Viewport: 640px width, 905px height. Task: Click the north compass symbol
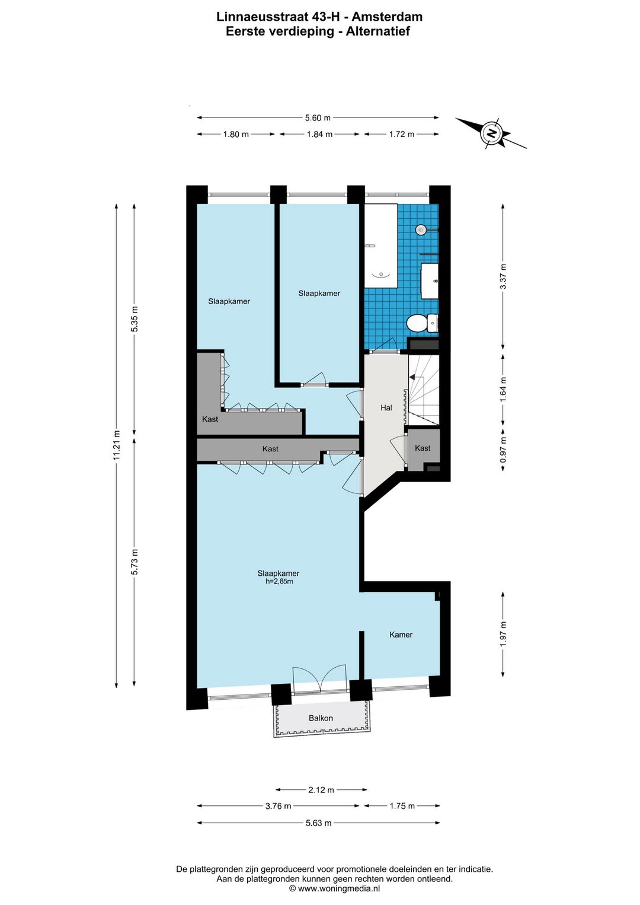491,133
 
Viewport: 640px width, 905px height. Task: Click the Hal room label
386,407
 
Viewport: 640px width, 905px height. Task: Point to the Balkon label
321,718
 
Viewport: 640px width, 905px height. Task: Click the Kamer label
401,635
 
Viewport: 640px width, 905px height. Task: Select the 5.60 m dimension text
318,118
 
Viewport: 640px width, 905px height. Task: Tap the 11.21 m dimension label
117,445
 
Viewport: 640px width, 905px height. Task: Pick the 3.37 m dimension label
503,276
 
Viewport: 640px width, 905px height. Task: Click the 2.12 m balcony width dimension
321,789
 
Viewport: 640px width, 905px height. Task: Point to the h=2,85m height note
278,581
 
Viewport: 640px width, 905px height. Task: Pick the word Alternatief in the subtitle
376,31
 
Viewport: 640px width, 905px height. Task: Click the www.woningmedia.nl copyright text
335,888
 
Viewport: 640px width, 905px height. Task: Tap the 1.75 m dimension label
402,805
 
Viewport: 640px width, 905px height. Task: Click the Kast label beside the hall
423,448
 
